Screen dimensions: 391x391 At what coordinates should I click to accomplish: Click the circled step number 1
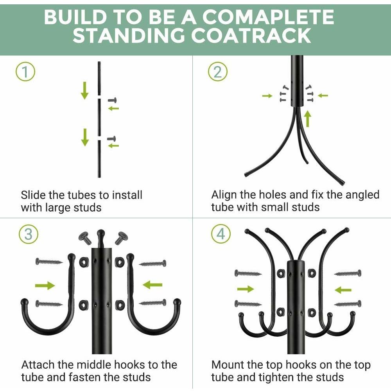[25, 72]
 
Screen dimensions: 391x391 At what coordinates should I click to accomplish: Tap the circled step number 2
[218, 72]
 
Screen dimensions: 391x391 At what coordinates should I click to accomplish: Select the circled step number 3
[29, 234]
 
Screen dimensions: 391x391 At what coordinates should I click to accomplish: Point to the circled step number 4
[221, 234]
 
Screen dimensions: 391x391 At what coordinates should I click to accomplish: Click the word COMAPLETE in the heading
[268, 17]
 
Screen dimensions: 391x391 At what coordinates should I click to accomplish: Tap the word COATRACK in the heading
[251, 36]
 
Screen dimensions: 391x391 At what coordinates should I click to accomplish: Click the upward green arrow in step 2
[308, 119]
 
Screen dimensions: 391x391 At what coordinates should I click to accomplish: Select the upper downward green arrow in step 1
[84, 90]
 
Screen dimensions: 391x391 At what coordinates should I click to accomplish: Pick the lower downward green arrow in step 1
[85, 137]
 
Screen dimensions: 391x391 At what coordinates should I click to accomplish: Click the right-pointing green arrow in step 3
[45, 285]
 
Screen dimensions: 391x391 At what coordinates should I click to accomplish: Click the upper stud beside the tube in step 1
[112, 100]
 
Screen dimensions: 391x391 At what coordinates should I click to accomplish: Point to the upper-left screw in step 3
[49, 262]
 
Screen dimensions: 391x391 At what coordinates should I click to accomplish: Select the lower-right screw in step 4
[348, 303]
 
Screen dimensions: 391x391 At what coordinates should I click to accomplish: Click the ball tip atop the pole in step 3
[101, 234]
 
